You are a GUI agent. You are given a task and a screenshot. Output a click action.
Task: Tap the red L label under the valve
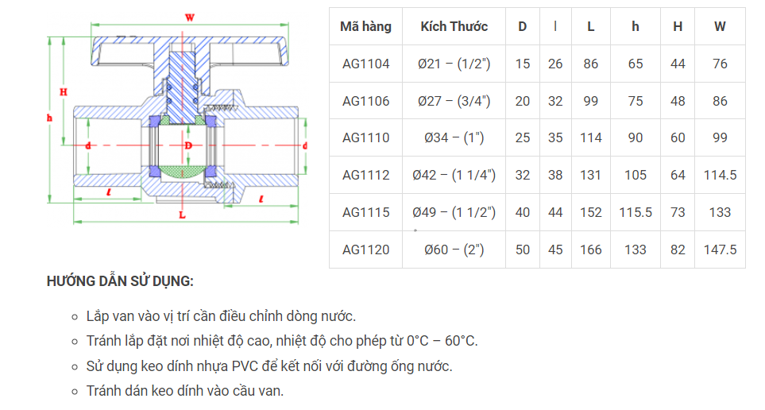click(x=182, y=215)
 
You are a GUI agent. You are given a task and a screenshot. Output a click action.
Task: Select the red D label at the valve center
click(x=188, y=145)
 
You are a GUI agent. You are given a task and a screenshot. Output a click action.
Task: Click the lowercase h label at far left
click(x=49, y=116)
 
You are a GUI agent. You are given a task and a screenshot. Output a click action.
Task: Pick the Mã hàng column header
click(x=365, y=26)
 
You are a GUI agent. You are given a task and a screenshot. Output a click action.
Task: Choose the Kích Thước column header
click(x=454, y=26)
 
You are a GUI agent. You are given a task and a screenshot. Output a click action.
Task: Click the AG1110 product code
click(x=365, y=137)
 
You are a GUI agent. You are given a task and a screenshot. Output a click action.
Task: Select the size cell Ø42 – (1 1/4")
click(x=454, y=175)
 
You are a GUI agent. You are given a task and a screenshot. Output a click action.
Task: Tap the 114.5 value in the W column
click(x=720, y=175)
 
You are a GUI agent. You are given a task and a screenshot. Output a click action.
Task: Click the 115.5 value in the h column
click(x=636, y=212)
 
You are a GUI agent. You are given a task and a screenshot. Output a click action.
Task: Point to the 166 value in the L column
click(x=590, y=249)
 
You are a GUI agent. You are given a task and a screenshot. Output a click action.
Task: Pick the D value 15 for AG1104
click(x=522, y=64)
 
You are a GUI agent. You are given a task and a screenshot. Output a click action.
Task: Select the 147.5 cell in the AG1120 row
click(x=720, y=249)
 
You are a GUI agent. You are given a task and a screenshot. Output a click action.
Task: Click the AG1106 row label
click(x=365, y=101)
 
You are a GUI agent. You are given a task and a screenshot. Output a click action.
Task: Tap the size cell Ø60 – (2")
click(x=454, y=249)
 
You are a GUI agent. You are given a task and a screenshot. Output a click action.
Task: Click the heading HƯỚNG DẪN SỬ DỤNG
click(x=120, y=281)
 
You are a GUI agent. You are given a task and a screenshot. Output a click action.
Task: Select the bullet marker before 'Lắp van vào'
click(x=73, y=316)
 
